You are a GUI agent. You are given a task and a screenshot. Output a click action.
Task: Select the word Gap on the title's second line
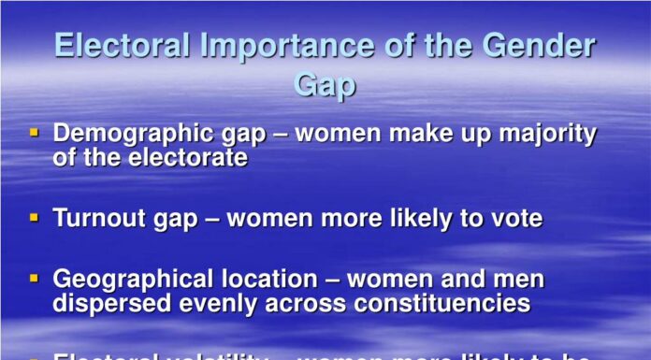[x=325, y=85]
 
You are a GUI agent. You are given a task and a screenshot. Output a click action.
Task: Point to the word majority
[x=546, y=135]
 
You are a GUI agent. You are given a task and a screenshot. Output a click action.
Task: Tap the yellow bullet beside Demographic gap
[x=35, y=134]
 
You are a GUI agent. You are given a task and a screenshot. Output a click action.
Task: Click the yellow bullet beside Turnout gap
[x=35, y=218]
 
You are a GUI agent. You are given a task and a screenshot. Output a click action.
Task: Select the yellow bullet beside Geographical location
[x=35, y=279]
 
